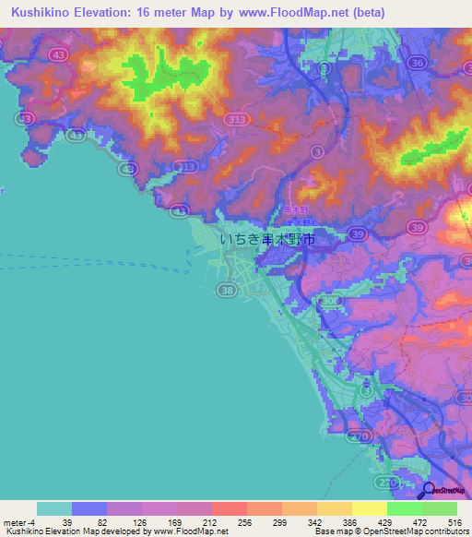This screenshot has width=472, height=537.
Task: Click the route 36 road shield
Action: [417, 63]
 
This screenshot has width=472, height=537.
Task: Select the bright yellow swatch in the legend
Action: [369, 507]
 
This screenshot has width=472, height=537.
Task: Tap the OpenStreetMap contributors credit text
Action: [423, 531]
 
